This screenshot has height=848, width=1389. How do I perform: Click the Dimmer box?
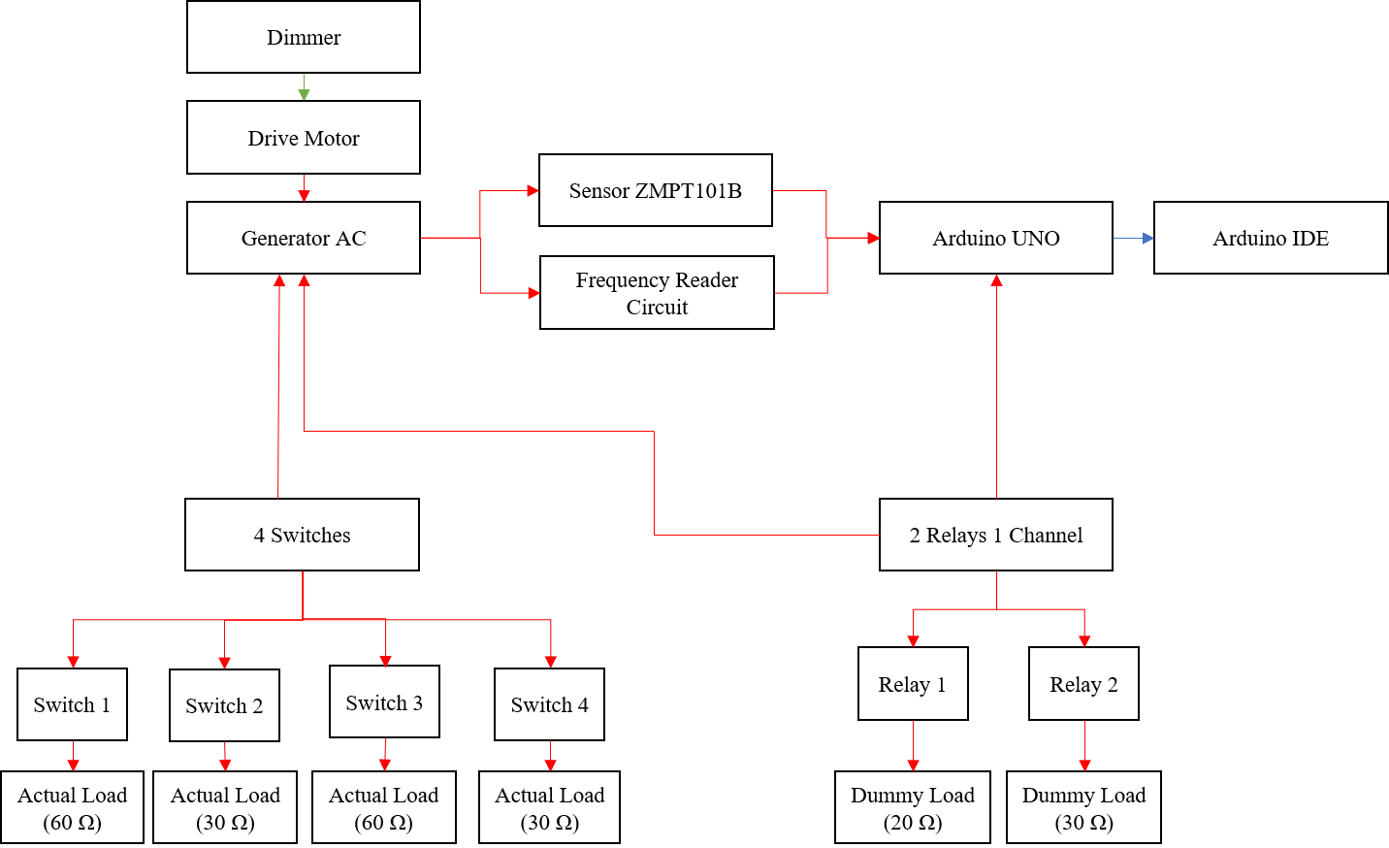(304, 37)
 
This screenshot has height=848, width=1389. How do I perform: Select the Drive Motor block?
(304, 138)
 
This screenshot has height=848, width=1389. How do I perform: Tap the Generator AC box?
(304, 238)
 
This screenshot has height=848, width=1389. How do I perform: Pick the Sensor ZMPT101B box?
(656, 190)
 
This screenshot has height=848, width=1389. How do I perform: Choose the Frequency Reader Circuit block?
(657, 293)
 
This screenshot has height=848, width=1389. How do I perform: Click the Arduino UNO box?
(996, 238)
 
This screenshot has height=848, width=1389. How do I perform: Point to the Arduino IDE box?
(1271, 238)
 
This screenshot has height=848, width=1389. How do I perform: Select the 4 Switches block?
(302, 535)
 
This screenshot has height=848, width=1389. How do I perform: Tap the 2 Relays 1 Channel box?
(996, 535)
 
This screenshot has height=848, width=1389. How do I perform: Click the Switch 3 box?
(384, 701)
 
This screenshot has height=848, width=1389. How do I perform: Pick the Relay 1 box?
(913, 684)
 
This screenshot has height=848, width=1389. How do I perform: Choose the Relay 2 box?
(1083, 684)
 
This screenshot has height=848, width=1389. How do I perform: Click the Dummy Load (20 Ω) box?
(913, 807)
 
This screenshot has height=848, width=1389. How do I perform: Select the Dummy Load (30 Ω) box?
(1083, 807)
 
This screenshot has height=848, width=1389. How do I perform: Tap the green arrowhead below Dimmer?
(304, 94)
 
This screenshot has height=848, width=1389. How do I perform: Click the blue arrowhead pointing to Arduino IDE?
(1148, 238)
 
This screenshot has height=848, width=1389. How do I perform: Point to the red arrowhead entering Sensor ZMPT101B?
(533, 190)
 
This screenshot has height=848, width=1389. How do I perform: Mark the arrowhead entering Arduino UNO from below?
(996, 280)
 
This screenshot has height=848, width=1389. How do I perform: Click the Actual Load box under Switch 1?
(72, 807)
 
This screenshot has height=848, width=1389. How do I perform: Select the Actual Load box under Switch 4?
(549, 807)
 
